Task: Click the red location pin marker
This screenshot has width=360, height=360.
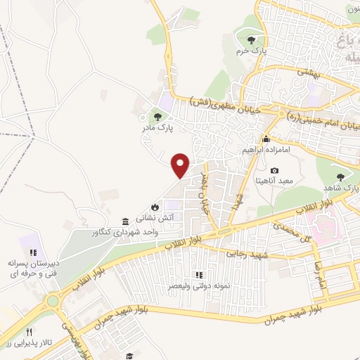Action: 181,165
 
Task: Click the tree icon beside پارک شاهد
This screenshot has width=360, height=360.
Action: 341,177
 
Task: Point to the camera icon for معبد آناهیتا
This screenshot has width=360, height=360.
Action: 274,171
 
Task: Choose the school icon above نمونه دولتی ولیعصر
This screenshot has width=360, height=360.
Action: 199,274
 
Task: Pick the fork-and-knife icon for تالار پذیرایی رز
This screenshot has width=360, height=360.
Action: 29,332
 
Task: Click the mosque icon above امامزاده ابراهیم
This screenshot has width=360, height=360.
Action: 266,139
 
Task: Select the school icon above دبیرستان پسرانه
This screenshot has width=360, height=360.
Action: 32,252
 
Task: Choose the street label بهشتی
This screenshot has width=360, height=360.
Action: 307,72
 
